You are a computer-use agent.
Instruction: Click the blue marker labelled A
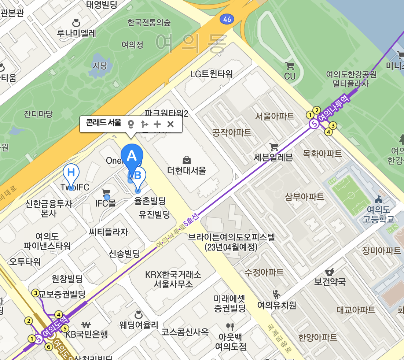coord(132,157)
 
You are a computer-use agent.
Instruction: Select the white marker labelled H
coord(71,172)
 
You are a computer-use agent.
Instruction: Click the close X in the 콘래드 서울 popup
coord(170,124)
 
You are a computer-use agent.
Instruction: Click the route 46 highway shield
coord(227,19)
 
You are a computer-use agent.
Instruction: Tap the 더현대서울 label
coord(187,170)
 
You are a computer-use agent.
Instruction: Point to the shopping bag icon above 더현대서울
coord(187,160)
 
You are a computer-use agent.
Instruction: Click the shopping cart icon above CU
coord(290,66)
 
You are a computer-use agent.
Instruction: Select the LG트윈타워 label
coord(212,74)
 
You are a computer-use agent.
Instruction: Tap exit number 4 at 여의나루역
coord(328,132)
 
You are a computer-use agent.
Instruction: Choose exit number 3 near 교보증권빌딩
coord(36,293)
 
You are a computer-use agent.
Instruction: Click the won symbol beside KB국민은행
coord(86,324)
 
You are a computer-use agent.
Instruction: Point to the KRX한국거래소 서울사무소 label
coord(173,279)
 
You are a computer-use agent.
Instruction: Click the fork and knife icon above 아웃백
coord(230,326)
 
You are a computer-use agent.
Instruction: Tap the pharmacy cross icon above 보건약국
coord(330,272)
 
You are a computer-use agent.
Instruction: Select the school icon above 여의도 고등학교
coord(378,200)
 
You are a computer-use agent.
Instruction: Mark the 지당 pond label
coord(100,66)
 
